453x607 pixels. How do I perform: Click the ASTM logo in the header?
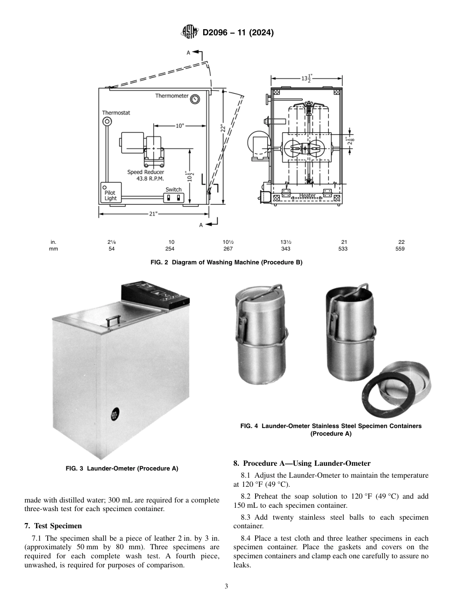[190, 32]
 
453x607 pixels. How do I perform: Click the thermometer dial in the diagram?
[195, 99]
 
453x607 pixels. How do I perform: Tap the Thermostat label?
[116, 113]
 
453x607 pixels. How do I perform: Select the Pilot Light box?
[110, 193]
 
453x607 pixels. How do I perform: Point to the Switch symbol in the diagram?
[174, 197]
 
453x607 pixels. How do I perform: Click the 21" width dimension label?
[153, 214]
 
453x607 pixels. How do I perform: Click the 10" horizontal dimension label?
[179, 126]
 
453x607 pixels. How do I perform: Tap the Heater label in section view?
[307, 196]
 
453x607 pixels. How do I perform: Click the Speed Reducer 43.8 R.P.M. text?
[145, 175]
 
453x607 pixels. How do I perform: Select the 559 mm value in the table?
[400, 249]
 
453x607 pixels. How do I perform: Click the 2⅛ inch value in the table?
[111, 242]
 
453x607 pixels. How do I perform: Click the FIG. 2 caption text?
[226, 262]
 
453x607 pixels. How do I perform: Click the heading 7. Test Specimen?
[53, 526]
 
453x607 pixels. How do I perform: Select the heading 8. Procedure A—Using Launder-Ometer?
[301, 463]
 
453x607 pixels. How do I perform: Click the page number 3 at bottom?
[226, 586]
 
